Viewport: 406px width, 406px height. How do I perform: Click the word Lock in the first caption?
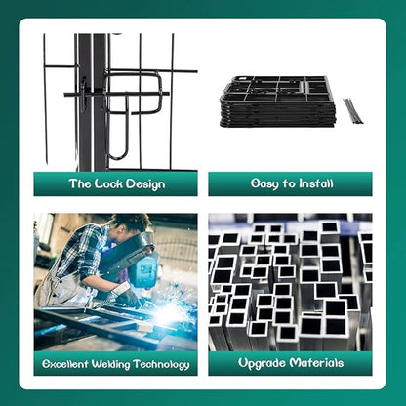[108, 183]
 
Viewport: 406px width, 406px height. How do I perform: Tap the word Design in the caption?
[145, 184]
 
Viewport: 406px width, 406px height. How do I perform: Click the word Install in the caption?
[316, 183]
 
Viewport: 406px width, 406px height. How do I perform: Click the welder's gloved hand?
[129, 296]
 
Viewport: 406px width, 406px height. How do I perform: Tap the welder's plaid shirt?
[85, 254]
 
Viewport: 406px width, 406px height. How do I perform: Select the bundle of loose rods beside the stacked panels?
[353, 111]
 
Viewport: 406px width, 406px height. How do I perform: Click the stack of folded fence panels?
[277, 101]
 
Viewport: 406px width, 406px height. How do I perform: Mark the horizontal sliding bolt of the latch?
[116, 94]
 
